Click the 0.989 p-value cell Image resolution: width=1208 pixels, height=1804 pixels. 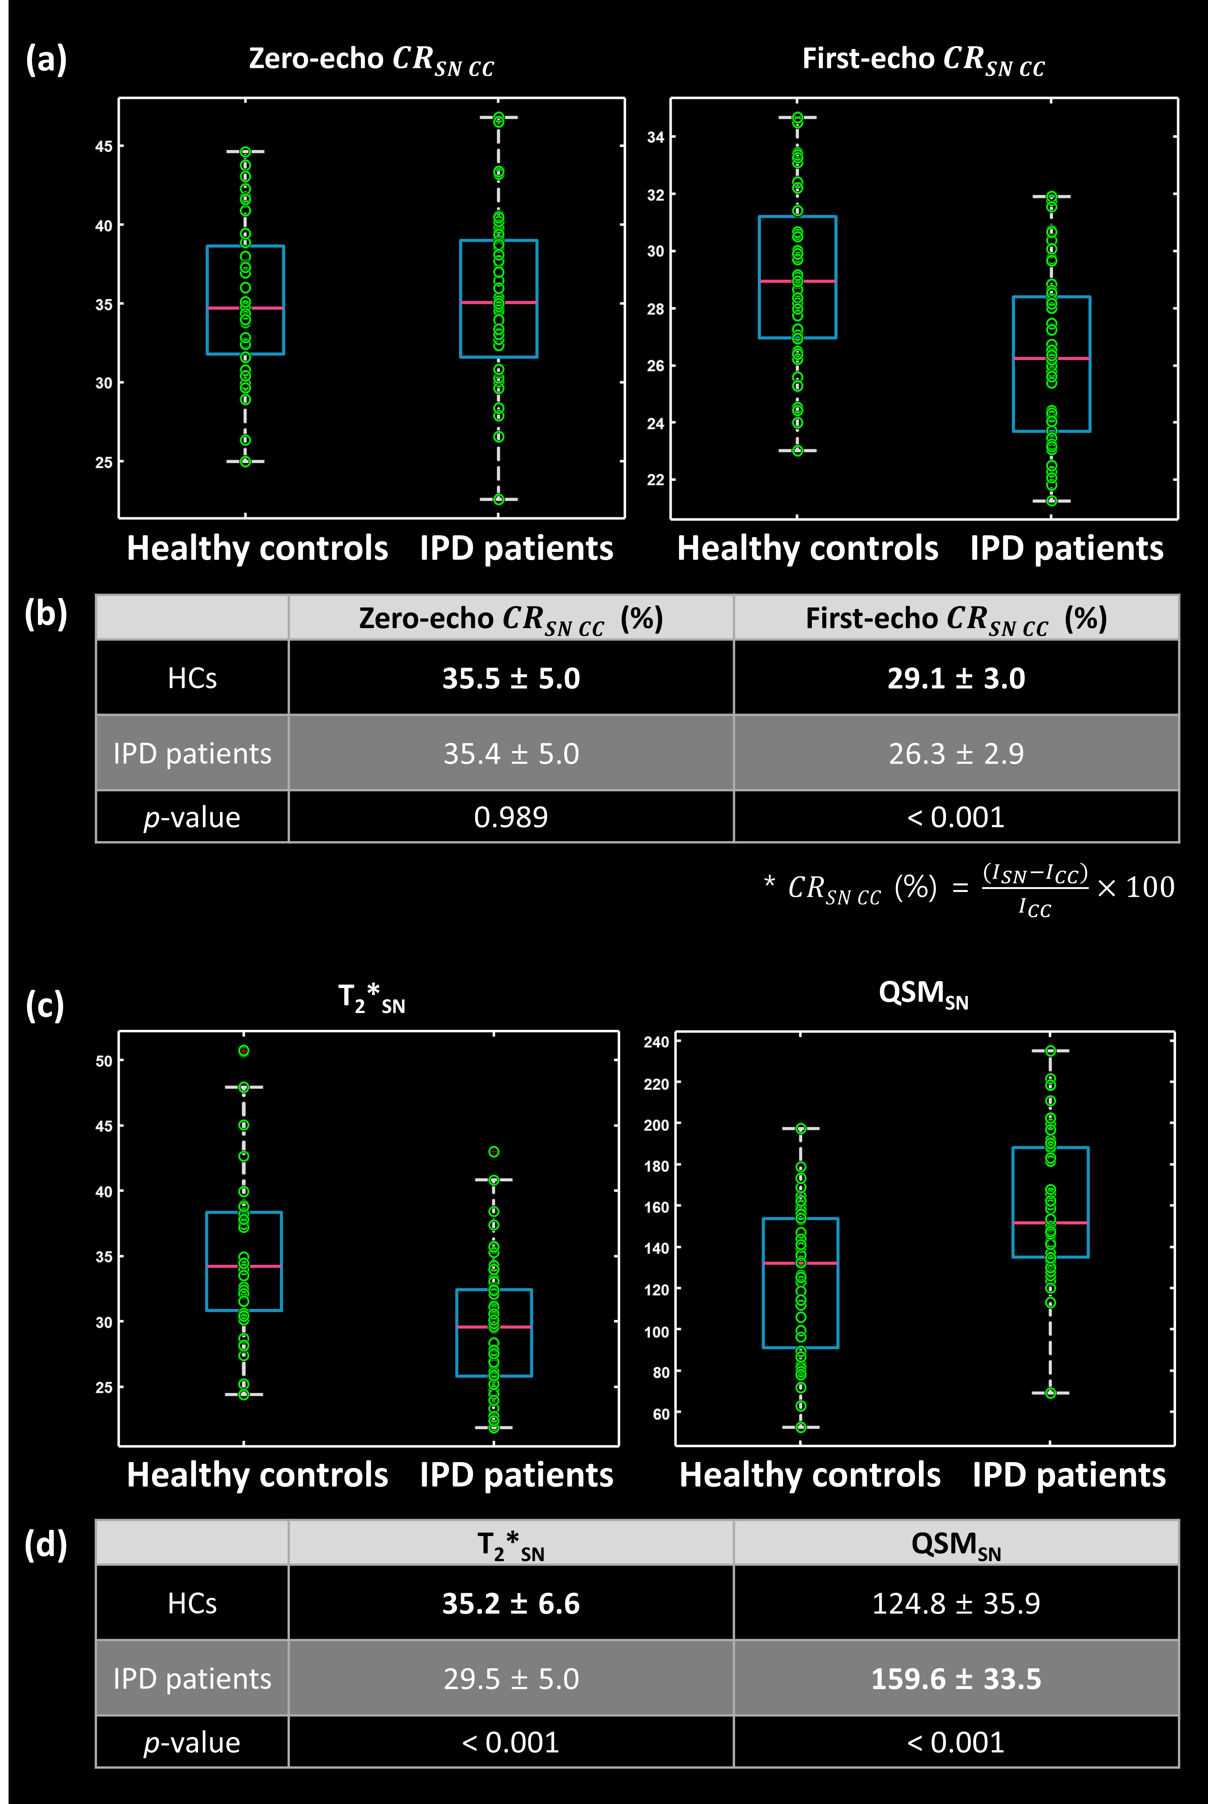pos(511,817)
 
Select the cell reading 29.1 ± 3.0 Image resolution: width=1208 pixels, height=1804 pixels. pos(956,678)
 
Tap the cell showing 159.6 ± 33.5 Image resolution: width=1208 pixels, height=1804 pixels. pos(956,1678)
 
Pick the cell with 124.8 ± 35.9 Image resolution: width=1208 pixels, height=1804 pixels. pos(956,1604)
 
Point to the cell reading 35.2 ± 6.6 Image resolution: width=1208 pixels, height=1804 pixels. pos(511,1604)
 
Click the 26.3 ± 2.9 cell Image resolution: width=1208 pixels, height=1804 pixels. pos(956,753)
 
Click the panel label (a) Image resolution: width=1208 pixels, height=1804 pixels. pos(46,59)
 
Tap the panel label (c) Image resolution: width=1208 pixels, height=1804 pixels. pos(45,1006)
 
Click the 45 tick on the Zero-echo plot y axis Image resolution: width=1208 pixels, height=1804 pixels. pos(104,146)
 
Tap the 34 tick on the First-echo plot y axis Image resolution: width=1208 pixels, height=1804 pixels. pos(655,137)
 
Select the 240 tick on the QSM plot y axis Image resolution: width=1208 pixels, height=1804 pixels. pos(656,1042)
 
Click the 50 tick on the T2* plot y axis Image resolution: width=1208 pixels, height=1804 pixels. pos(104,1061)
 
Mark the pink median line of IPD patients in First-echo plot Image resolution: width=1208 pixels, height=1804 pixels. pos(1051,358)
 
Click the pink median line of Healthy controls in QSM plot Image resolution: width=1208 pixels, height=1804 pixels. pos(800,1263)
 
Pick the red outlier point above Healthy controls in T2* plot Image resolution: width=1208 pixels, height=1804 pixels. pos(243,1050)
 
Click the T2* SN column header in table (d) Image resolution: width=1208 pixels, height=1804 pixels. pos(511,1544)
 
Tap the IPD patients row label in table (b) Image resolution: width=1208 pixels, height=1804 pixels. pos(192,753)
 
